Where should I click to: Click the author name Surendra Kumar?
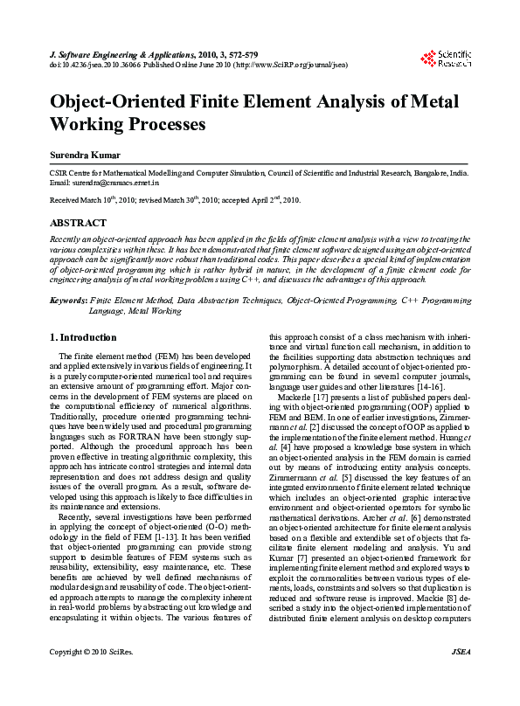click(87, 155)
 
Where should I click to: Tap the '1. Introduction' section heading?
click(83, 338)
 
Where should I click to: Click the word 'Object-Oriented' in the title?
click(127, 101)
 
